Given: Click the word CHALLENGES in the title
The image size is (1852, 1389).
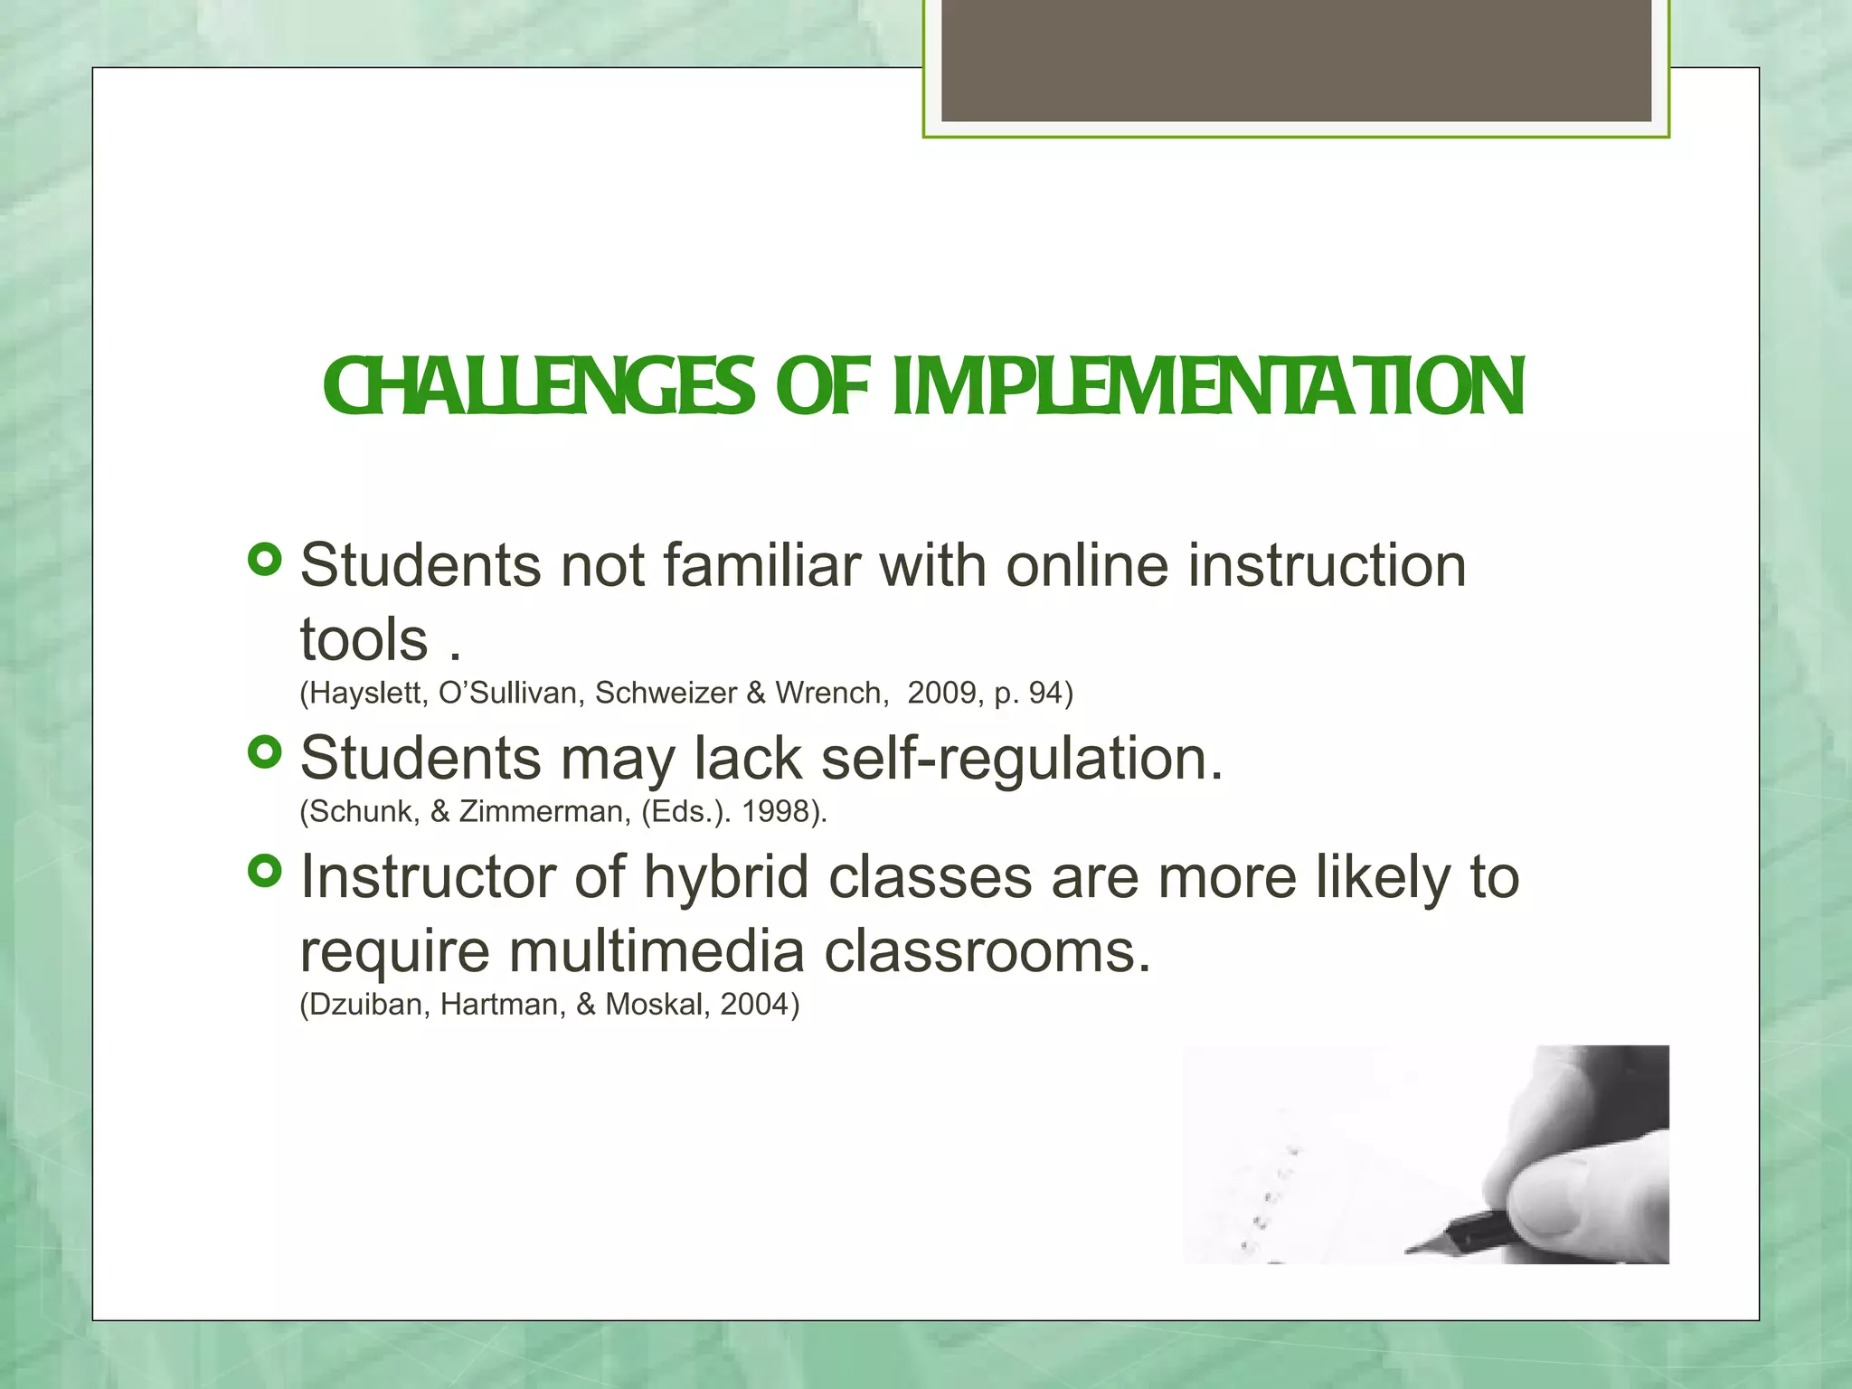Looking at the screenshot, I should (x=539, y=387).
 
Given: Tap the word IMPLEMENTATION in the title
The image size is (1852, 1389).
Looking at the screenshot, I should (x=1208, y=387).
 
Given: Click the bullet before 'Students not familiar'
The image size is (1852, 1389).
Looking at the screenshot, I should (x=265, y=560).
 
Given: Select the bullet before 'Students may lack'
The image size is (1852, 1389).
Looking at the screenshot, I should (x=265, y=751).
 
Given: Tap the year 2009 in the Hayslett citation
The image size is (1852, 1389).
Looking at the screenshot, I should (x=941, y=693).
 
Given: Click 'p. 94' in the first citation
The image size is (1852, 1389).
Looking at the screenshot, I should (x=1027, y=693).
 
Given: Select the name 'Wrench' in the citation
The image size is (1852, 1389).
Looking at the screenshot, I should (x=828, y=693).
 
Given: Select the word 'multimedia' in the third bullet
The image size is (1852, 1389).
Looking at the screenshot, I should (x=657, y=951).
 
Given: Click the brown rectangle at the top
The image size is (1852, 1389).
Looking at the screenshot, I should (x=1296, y=60).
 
